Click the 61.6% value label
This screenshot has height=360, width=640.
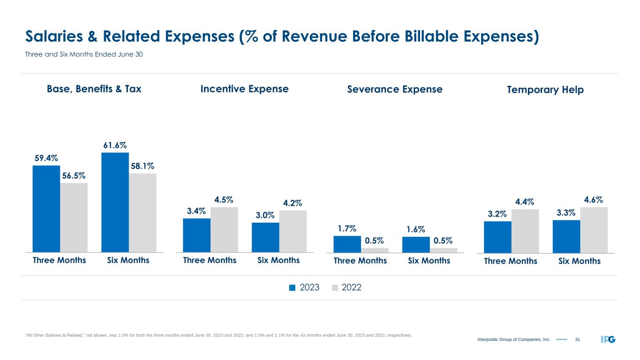pyautogui.click(x=115, y=145)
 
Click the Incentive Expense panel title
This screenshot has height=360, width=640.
pyautogui.click(x=244, y=89)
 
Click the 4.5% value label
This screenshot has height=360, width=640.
pyautogui.click(x=224, y=200)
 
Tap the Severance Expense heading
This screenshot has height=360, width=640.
pyautogui.click(x=395, y=90)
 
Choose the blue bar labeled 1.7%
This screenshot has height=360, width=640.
pyautogui.click(x=347, y=244)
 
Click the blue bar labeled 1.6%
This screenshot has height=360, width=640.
pyautogui.click(x=416, y=244)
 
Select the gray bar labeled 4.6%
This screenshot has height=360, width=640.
pyautogui.click(x=594, y=230)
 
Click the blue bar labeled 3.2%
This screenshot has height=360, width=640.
pyautogui.click(x=497, y=237)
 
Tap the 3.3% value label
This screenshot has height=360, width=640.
pyautogui.click(x=566, y=213)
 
